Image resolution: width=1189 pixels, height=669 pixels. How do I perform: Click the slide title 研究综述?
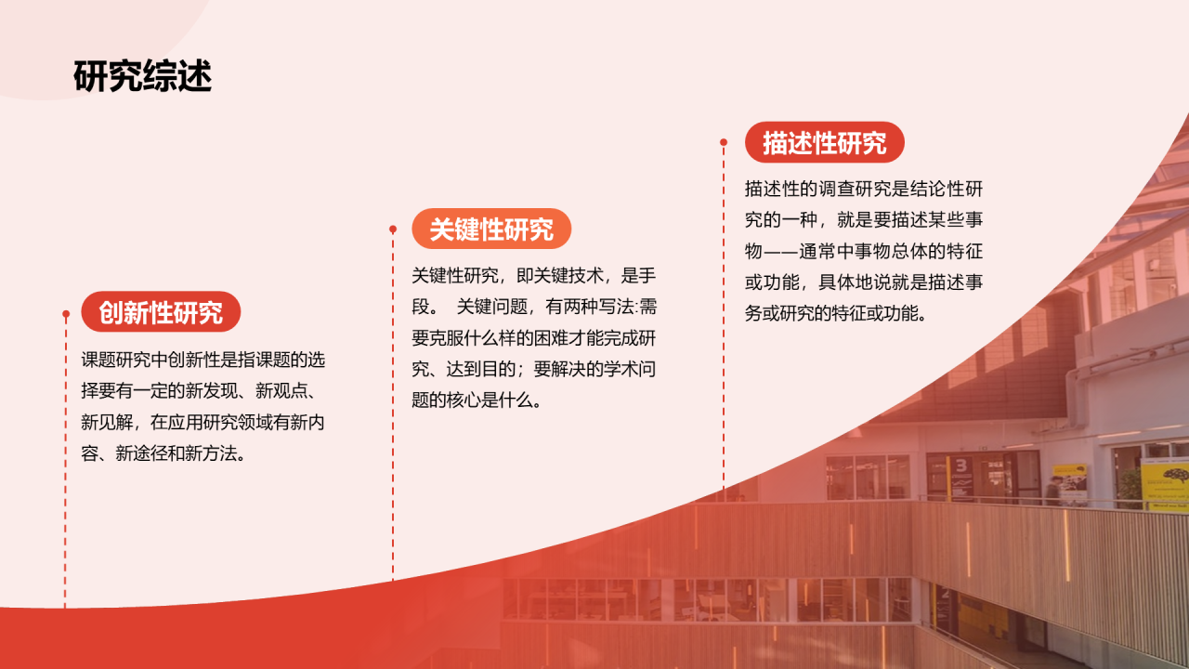pyautogui.click(x=142, y=76)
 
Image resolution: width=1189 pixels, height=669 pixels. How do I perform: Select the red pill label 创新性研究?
pyautogui.click(x=161, y=312)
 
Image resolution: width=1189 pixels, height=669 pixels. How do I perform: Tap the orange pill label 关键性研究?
pyautogui.click(x=490, y=229)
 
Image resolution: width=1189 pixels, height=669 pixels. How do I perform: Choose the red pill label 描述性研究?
pyautogui.click(x=824, y=143)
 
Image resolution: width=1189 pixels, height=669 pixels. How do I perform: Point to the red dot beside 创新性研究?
pyautogui.click(x=66, y=314)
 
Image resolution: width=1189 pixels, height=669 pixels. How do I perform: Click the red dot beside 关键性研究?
pyautogui.click(x=393, y=229)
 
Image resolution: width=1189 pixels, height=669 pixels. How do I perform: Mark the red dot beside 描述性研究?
pyautogui.click(x=724, y=142)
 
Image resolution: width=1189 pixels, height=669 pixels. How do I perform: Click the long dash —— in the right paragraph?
pyautogui.click(x=780, y=251)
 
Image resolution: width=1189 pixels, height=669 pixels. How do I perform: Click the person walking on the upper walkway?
pyautogui.click(x=1052, y=490)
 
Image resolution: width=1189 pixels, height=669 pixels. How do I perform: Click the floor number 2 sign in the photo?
pyautogui.click(x=946, y=592)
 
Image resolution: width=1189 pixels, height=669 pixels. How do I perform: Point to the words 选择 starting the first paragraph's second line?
pyautogui.click(x=98, y=390)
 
